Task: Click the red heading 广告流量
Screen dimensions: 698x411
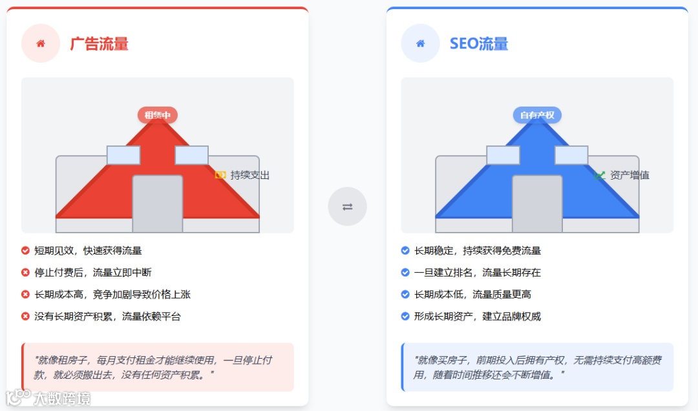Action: pos(99,44)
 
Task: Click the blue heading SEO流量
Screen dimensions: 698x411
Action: pos(478,44)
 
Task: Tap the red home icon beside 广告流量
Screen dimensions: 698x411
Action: pos(41,43)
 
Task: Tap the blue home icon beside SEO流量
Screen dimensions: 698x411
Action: pos(421,43)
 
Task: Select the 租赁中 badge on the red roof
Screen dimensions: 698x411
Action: pos(157,115)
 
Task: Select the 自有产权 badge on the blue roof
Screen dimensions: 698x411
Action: pos(537,115)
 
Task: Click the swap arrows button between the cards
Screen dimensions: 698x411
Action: pos(347,207)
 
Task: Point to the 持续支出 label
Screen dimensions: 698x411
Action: pos(250,175)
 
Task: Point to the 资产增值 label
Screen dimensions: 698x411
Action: pos(629,175)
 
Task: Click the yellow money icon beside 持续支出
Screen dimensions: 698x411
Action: pos(220,175)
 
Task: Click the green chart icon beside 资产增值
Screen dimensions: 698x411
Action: pos(600,175)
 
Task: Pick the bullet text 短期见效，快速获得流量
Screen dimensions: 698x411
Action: pos(88,251)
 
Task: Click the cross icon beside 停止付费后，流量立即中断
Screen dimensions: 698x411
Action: pos(26,273)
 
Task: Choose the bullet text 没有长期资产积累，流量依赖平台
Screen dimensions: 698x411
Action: pos(107,317)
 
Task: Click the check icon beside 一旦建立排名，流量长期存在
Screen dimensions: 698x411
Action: pos(405,273)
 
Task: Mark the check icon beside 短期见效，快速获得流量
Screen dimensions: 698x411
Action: pos(26,251)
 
